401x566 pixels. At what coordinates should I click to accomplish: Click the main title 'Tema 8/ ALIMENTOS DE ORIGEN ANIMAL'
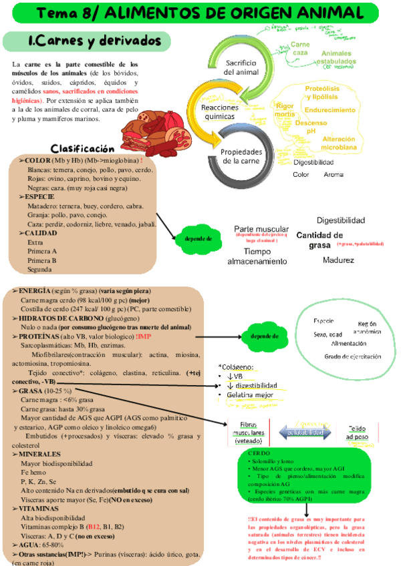coord(200,13)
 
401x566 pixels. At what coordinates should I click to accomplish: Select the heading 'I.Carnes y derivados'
coord(83,41)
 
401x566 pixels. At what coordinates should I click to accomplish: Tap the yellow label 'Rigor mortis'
coord(285,109)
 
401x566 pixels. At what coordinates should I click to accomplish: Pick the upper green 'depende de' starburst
coord(199,238)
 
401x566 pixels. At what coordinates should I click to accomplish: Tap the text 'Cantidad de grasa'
coord(320,240)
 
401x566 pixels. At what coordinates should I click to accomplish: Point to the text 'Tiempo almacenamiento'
coord(257,256)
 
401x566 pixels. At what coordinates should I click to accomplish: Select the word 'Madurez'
coord(338,260)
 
